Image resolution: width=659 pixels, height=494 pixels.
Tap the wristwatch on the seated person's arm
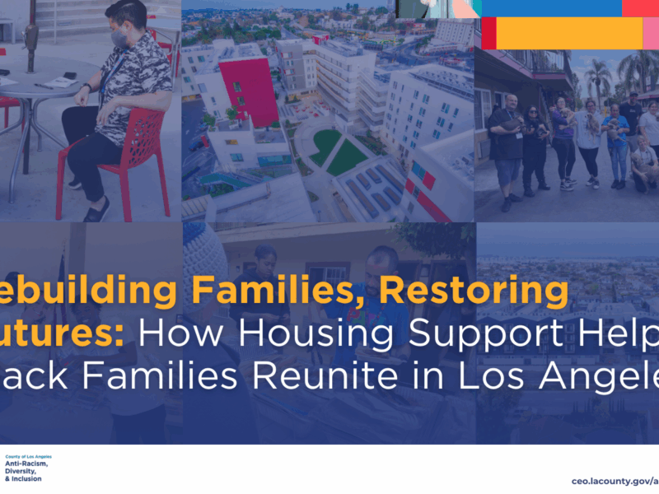(x=86, y=86)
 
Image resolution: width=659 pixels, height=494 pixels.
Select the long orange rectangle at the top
(x=568, y=33)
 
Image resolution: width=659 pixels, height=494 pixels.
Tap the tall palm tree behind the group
(x=599, y=78)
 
